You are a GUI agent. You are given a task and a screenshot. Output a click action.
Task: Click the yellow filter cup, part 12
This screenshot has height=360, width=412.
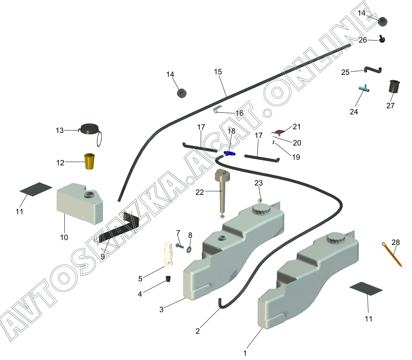tap(89, 161)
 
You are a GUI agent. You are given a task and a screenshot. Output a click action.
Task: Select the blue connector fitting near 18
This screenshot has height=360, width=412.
tap(229, 154)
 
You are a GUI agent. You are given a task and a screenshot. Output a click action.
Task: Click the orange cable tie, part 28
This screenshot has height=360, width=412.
tap(392, 254)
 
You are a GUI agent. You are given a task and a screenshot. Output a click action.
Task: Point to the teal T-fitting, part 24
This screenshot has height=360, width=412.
tap(364, 88)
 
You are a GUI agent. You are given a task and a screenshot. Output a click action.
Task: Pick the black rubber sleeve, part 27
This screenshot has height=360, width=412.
tap(394, 87)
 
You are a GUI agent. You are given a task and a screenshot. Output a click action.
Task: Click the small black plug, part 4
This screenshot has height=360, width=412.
tap(168, 279)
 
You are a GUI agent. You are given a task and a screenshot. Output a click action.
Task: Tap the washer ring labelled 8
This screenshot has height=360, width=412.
tap(189, 249)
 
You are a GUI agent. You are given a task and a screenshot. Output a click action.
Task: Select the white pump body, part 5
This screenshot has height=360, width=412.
tap(169, 254)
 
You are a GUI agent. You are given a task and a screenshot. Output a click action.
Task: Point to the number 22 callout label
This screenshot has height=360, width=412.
tap(200, 192)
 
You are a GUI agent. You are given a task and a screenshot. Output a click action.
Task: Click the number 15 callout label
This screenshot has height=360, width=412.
tap(218, 71)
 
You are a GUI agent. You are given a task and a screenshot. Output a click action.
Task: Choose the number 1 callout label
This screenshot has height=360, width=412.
tap(245, 353)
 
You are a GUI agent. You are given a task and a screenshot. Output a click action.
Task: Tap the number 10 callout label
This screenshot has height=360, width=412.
tap(64, 237)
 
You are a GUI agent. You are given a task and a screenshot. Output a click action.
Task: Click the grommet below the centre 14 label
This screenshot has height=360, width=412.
tap(181, 93)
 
